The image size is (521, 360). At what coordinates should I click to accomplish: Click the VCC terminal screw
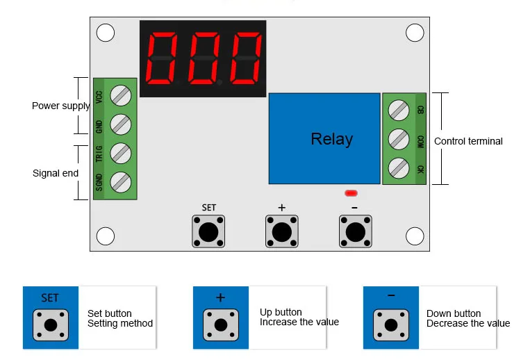[x=121, y=95]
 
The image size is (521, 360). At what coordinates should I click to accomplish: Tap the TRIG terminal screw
[x=121, y=153]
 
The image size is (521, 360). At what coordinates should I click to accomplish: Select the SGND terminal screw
[x=121, y=182]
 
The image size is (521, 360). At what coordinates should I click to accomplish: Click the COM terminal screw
[x=399, y=139]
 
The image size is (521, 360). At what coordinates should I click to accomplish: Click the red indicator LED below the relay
[x=351, y=193]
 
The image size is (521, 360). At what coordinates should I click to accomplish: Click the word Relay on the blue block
[x=331, y=139]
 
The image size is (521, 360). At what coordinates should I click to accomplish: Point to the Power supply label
[x=61, y=106]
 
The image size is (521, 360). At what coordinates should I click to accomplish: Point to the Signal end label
[x=56, y=173]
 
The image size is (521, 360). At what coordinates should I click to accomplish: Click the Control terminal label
[x=468, y=141]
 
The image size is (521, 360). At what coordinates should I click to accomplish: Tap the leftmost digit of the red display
[x=162, y=58]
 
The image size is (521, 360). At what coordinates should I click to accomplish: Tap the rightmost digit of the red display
[x=245, y=58]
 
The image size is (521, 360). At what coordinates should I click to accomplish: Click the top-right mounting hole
[x=415, y=33]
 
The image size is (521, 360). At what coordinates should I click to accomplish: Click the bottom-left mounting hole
[x=106, y=236]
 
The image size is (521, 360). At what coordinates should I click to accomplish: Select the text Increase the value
[x=299, y=322]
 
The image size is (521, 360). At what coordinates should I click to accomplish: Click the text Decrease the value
[x=468, y=323]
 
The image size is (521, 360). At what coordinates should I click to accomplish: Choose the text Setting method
[x=120, y=323]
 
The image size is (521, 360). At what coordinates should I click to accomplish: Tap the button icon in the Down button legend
[x=390, y=325]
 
